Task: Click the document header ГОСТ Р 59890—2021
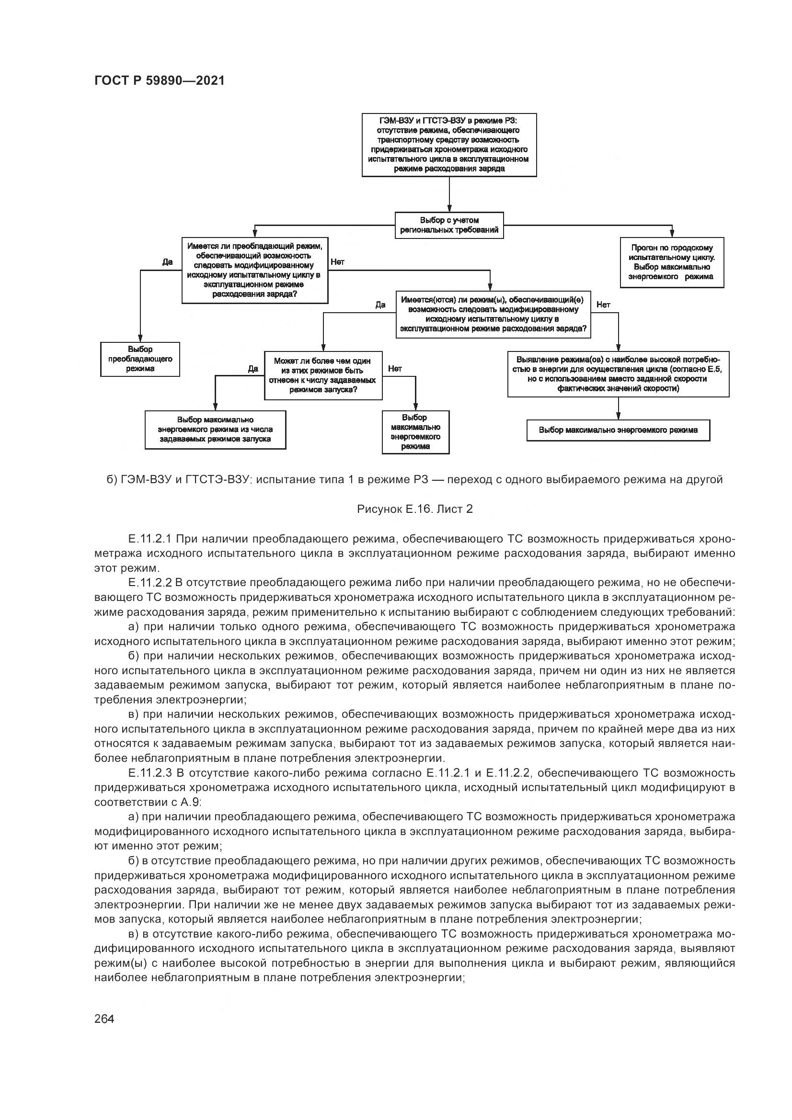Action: pos(159,80)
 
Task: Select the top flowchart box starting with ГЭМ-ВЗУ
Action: pos(449,145)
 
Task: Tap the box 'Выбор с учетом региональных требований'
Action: pos(449,226)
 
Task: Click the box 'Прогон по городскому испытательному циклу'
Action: pos(671,262)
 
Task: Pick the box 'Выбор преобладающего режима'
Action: pos(140,359)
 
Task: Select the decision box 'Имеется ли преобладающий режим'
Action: pos(254,270)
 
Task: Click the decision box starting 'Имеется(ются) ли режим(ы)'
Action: pos(494,314)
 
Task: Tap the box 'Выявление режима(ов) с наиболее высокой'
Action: pos(618,374)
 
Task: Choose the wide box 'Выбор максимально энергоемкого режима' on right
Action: pos(618,430)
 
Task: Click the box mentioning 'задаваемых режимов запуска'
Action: pos(215,430)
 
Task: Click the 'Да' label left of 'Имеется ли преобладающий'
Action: pos(167,262)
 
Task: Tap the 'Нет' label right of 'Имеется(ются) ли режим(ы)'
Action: pos(603,305)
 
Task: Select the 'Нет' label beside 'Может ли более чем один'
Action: pos(395,369)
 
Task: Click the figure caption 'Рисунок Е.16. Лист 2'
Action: pos(415,509)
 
